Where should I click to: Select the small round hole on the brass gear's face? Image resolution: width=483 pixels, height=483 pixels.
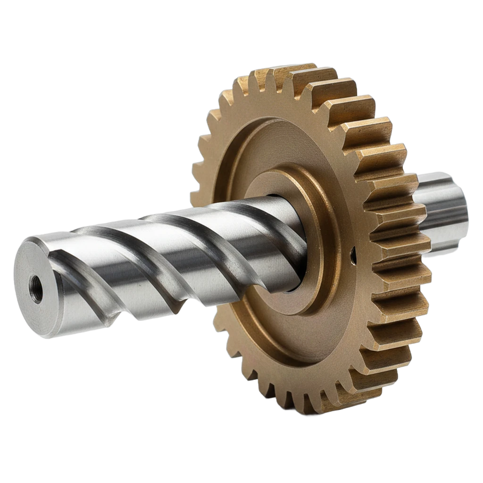coord(352,255)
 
